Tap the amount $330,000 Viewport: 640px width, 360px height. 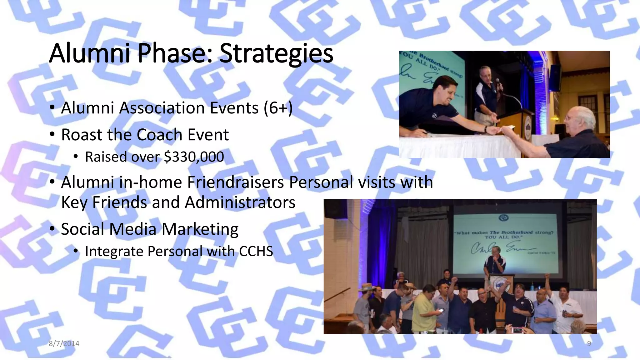[x=194, y=157]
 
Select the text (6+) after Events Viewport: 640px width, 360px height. [x=278, y=108]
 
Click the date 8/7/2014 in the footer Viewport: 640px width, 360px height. [x=64, y=343]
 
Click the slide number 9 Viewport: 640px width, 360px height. [x=589, y=343]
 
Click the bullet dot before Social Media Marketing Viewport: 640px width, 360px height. [x=52, y=229]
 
